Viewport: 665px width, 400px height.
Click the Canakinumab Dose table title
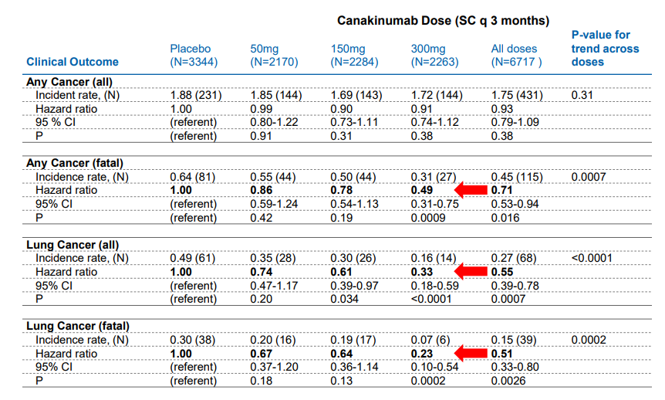[442, 20]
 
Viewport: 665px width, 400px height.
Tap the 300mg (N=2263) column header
[435, 55]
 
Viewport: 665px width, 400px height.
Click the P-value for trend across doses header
[605, 48]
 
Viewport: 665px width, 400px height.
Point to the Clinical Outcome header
[73, 62]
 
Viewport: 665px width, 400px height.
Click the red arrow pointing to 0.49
[470, 190]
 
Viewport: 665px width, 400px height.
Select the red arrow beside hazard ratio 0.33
[470, 272]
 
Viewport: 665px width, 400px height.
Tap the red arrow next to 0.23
[470, 353]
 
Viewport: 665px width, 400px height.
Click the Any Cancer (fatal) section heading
[75, 163]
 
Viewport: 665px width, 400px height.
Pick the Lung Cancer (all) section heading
[73, 245]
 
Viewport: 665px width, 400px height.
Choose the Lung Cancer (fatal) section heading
[77, 326]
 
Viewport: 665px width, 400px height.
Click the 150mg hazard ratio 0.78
[342, 190]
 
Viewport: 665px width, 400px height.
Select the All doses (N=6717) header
[516, 55]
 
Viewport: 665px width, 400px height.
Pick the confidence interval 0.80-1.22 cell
[274, 122]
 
